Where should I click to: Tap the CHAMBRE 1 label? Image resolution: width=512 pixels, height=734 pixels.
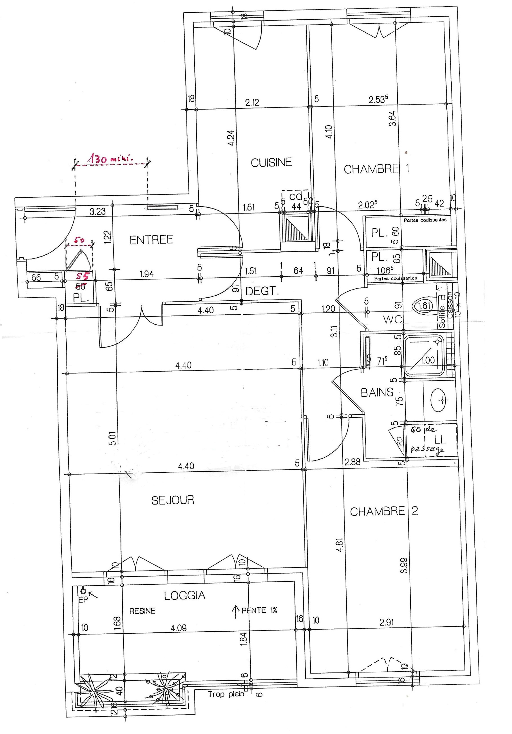click(x=376, y=169)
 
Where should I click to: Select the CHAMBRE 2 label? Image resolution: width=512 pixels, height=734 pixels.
click(x=384, y=511)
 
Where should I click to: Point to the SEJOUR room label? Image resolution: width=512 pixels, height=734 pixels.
click(x=173, y=500)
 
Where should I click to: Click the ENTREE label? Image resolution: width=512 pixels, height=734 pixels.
click(x=151, y=240)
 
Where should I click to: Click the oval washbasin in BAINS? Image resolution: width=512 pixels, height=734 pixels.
click(x=439, y=400)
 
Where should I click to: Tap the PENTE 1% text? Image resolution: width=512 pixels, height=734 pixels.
click(x=259, y=610)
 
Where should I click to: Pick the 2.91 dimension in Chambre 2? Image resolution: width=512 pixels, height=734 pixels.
click(x=387, y=622)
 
